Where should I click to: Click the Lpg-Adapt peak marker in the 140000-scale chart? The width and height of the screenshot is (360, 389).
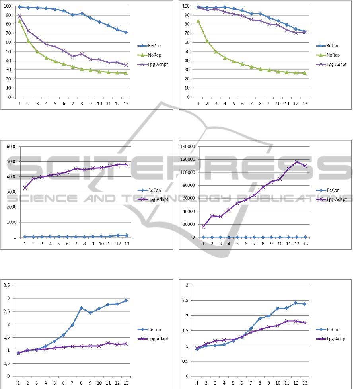point(296,162)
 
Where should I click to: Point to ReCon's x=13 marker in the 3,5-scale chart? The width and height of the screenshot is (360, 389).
point(126,301)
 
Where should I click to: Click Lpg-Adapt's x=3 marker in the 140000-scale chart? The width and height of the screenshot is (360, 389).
point(220,217)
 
